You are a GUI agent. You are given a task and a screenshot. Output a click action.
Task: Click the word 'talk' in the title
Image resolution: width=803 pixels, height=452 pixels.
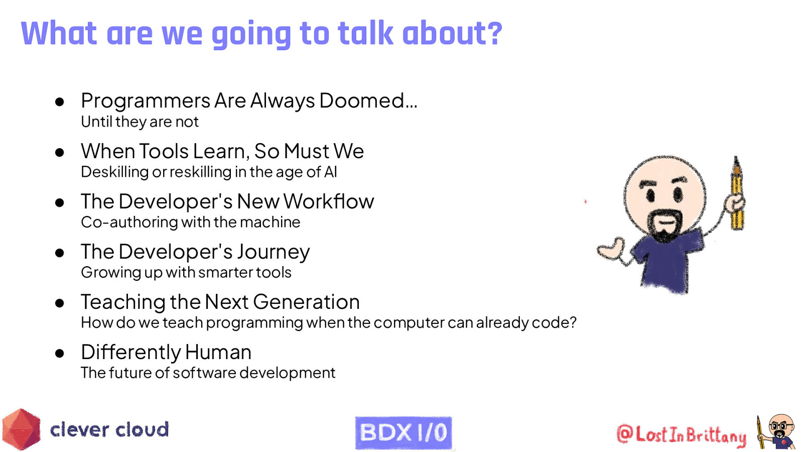pyautogui.click(x=365, y=34)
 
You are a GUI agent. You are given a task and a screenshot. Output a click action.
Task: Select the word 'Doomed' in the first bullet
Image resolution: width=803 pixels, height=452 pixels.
pyautogui.click(x=361, y=101)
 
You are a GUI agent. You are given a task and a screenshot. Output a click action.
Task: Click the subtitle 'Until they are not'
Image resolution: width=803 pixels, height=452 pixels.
pyautogui.click(x=140, y=122)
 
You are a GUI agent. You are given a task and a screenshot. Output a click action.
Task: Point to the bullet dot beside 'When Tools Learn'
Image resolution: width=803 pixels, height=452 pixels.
pyautogui.click(x=60, y=152)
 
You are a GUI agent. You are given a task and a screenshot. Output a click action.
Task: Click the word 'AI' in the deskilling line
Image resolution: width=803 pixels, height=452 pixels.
pyautogui.click(x=330, y=172)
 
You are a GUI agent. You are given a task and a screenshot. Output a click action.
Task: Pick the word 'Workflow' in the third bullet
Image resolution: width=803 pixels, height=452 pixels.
pyautogui.click(x=328, y=201)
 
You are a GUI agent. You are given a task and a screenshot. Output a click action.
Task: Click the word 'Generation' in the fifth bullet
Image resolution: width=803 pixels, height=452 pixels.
pyautogui.click(x=306, y=302)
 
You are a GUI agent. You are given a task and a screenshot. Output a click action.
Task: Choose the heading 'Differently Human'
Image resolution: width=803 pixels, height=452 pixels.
pyautogui.click(x=166, y=353)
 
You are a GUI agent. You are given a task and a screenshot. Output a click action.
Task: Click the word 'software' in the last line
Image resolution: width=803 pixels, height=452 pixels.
pyautogui.click(x=205, y=373)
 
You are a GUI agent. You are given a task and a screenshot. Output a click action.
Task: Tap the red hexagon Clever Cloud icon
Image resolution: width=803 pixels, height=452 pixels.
pyautogui.click(x=21, y=429)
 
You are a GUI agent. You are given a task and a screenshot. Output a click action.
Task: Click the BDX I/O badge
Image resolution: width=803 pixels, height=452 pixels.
pyautogui.click(x=403, y=432)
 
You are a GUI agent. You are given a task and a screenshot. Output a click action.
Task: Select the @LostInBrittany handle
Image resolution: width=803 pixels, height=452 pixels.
pyautogui.click(x=681, y=435)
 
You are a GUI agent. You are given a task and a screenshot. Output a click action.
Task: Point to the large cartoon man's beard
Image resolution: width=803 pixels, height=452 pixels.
pyautogui.click(x=665, y=226)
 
